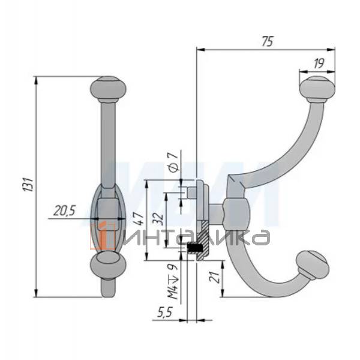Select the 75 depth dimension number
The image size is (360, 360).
[x=268, y=41]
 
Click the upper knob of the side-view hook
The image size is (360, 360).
[x=316, y=88]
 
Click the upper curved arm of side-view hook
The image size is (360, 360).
[x=282, y=150]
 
